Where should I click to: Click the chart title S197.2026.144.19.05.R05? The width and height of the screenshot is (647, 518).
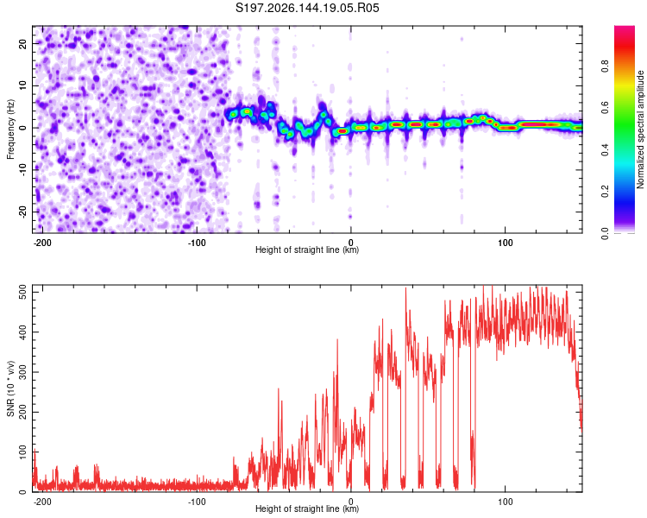(x=307, y=8)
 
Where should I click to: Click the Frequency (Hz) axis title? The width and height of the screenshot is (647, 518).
(x=10, y=129)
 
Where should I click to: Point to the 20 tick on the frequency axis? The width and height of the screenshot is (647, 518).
(x=22, y=43)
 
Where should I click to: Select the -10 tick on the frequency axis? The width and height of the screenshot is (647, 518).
(x=22, y=170)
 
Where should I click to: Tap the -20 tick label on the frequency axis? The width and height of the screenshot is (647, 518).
(x=22, y=212)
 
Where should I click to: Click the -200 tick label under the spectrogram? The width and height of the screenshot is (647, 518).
(x=41, y=243)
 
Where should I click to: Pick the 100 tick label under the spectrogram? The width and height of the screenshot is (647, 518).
(x=505, y=243)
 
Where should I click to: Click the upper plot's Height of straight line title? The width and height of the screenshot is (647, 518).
(x=307, y=250)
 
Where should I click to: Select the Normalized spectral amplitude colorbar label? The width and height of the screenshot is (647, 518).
(x=640, y=129)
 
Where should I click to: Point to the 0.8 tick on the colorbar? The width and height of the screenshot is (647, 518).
(x=605, y=66)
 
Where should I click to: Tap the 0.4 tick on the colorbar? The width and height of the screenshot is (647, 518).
(x=605, y=150)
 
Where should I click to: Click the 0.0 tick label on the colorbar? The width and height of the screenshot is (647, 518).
(x=605, y=234)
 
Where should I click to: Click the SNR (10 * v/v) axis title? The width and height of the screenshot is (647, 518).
(x=10, y=388)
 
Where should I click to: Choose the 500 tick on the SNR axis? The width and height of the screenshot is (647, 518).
(x=22, y=292)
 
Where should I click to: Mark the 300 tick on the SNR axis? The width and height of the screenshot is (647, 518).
(x=22, y=372)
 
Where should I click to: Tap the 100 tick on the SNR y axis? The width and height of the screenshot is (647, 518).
(x=22, y=452)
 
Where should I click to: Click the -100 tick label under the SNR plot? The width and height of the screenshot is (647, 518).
(x=197, y=502)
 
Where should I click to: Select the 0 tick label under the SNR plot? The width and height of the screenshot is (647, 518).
(x=351, y=502)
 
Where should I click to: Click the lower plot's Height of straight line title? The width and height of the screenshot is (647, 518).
(x=307, y=509)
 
